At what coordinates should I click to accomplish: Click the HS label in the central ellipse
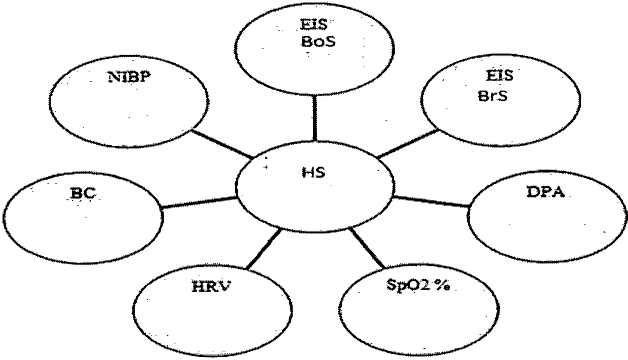point(313,172)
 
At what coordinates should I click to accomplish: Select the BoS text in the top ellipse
point(318,42)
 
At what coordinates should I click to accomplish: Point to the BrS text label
point(493,96)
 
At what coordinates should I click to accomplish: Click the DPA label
point(545,192)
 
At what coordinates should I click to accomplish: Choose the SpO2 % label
point(418,285)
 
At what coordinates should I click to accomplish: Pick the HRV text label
point(211,287)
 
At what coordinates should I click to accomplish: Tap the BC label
point(83,193)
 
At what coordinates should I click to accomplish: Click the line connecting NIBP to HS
point(221,143)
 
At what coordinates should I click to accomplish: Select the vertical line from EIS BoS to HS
point(315,118)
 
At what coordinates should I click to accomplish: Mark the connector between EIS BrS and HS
point(408,143)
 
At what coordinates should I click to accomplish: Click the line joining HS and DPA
point(431,202)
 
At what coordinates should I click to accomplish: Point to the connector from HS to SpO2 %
point(367,248)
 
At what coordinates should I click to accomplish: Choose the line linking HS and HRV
point(263,249)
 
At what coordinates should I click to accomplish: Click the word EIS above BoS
point(313,25)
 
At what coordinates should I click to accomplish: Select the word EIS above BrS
point(499,76)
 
